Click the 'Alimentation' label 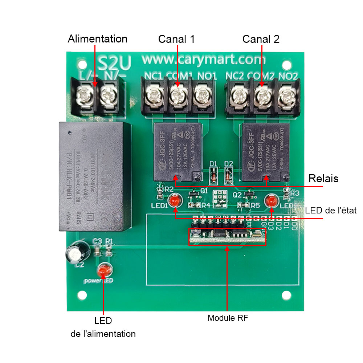[97, 39]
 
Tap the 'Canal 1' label [176, 39]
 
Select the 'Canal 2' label [261, 39]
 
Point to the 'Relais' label [323, 178]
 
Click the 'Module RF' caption [228, 318]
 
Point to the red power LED [104, 270]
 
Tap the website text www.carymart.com [203, 58]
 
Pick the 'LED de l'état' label [331, 210]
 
